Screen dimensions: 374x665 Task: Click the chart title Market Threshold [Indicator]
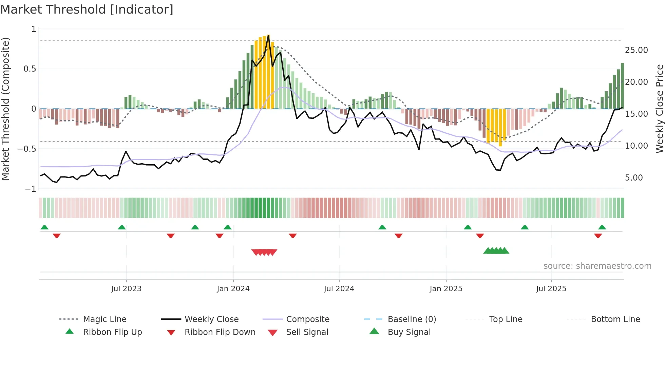pos(87,10)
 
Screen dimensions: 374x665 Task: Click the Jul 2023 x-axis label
pos(126,289)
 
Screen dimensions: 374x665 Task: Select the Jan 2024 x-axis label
pos(233,289)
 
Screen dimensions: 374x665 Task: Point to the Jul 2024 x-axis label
pos(339,289)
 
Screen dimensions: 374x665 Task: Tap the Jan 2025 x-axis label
pos(445,289)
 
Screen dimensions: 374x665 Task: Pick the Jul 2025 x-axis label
pos(551,289)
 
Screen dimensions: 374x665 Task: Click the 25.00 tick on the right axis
pos(636,50)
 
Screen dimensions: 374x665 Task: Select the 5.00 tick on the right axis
pos(633,178)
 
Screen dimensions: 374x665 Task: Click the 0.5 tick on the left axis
pos(30,69)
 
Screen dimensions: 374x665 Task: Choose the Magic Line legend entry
pos(104,319)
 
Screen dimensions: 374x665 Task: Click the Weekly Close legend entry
pos(211,319)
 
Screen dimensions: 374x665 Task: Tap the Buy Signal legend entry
pos(409,332)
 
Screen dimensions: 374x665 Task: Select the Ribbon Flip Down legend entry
pos(220,332)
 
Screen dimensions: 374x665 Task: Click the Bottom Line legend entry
pos(615,319)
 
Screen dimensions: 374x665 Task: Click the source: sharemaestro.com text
pos(597,266)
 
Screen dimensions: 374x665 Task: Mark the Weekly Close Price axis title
pos(659,109)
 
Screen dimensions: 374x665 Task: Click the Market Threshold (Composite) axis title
pos(5,109)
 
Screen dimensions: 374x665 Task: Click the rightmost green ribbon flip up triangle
pos(602,227)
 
